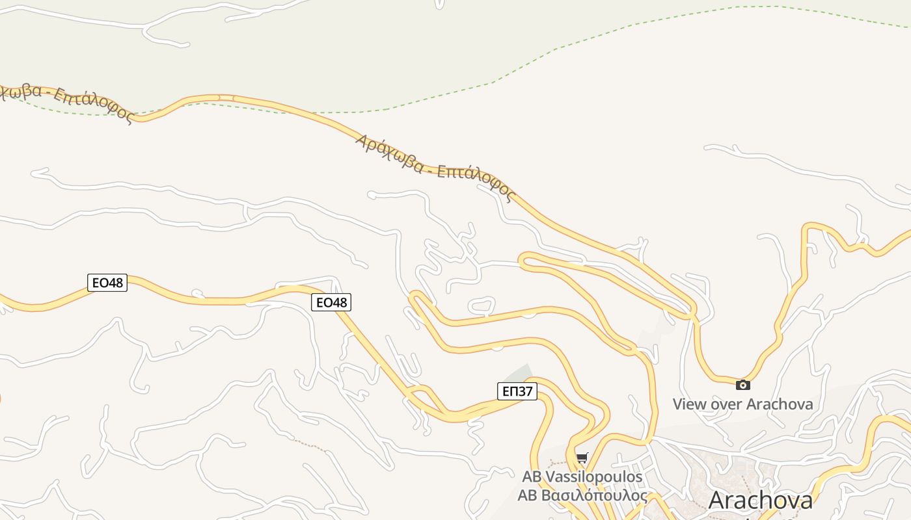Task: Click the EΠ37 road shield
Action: click(x=518, y=391)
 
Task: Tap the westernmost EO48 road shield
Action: click(x=107, y=282)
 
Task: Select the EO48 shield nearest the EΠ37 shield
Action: click(x=331, y=302)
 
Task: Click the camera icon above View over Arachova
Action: click(x=742, y=385)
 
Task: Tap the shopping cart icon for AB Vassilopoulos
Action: click(x=582, y=458)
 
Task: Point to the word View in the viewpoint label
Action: click(x=688, y=404)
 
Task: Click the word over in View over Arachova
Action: click(x=725, y=404)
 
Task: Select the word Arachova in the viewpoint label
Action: click(x=780, y=404)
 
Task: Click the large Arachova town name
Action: click(x=760, y=500)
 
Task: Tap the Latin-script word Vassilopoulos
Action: click(x=593, y=476)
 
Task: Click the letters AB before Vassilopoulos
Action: click(x=531, y=476)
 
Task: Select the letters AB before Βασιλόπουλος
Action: click(x=526, y=495)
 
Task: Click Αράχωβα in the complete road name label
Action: click(x=388, y=153)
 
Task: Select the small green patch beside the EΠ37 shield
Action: click(x=518, y=374)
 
